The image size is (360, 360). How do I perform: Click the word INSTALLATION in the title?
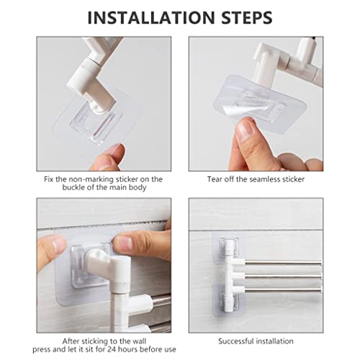coord(151,17)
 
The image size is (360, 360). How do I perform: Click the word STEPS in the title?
coord(247,17)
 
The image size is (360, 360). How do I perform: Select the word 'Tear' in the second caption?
coord(214,179)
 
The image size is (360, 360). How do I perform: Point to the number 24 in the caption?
coord(112,349)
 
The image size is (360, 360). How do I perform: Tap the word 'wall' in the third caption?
coord(139,341)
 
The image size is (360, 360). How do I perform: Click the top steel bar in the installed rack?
coord(283,264)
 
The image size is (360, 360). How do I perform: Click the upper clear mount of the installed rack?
coord(229,246)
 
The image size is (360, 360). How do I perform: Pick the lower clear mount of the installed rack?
coord(229,301)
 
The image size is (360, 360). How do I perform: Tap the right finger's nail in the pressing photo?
coord(122,243)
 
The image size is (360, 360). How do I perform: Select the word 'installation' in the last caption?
coord(274,341)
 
